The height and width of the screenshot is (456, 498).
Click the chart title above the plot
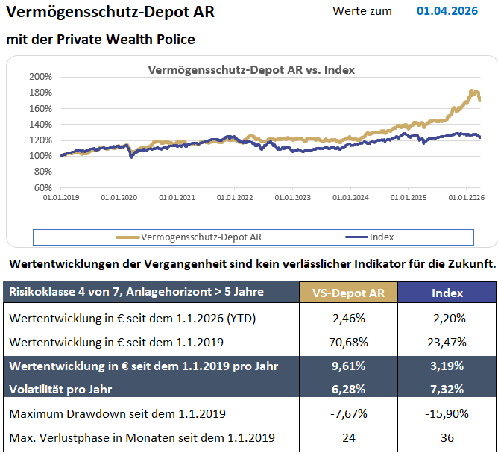[x=252, y=69]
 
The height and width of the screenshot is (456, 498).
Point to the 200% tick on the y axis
[x=40, y=77]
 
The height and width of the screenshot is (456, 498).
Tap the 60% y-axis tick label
[x=42, y=188]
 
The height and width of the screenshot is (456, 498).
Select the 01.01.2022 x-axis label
[x=235, y=199]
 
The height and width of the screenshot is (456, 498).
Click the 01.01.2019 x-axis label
[x=60, y=199]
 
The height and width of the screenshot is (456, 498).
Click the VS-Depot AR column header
[x=347, y=293]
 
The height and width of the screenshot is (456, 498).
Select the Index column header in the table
[x=447, y=293]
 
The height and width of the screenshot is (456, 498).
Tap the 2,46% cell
[x=347, y=319]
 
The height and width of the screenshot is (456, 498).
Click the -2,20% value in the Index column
[x=447, y=319]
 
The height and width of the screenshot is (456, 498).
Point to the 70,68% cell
[x=347, y=343]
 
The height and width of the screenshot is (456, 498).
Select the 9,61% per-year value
[x=347, y=366]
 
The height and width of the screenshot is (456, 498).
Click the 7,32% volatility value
[x=447, y=389]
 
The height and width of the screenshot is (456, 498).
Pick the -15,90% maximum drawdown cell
[x=447, y=413]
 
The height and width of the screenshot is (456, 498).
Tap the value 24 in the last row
[x=347, y=437]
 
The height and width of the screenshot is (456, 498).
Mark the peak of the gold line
[x=472, y=90]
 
